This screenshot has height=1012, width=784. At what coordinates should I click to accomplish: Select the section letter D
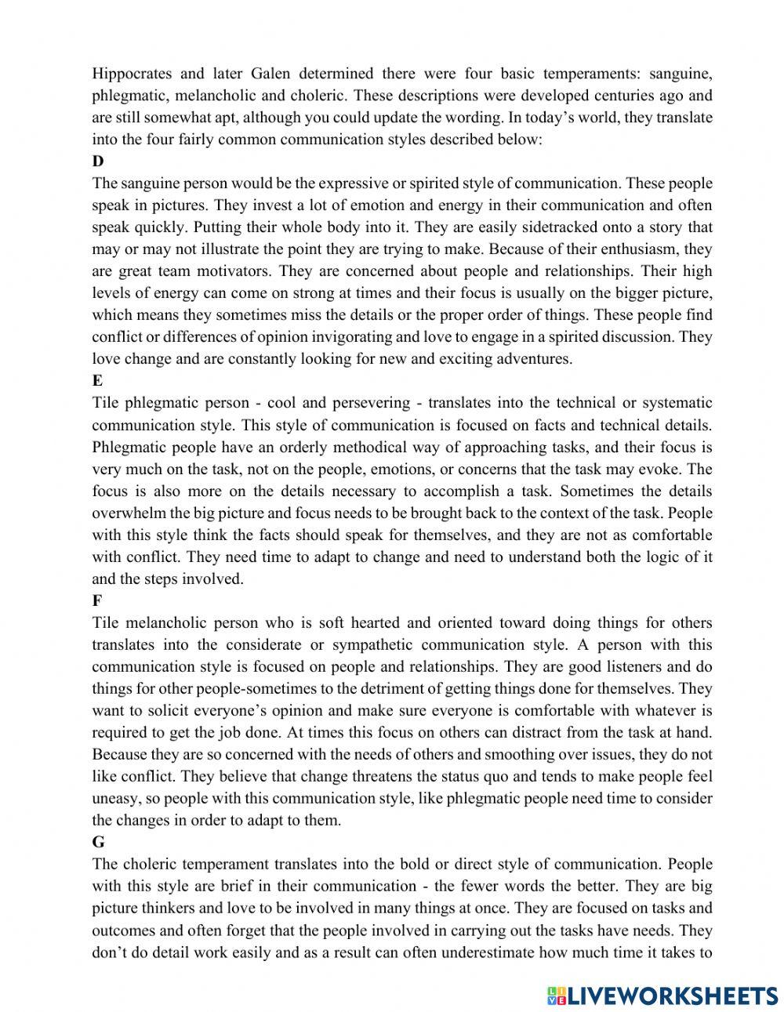pos(97,161)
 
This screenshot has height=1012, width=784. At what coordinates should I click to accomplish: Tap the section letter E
pos(97,381)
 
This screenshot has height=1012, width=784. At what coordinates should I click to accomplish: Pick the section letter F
pos(96,601)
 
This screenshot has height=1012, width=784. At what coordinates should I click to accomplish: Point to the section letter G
pos(98,842)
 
